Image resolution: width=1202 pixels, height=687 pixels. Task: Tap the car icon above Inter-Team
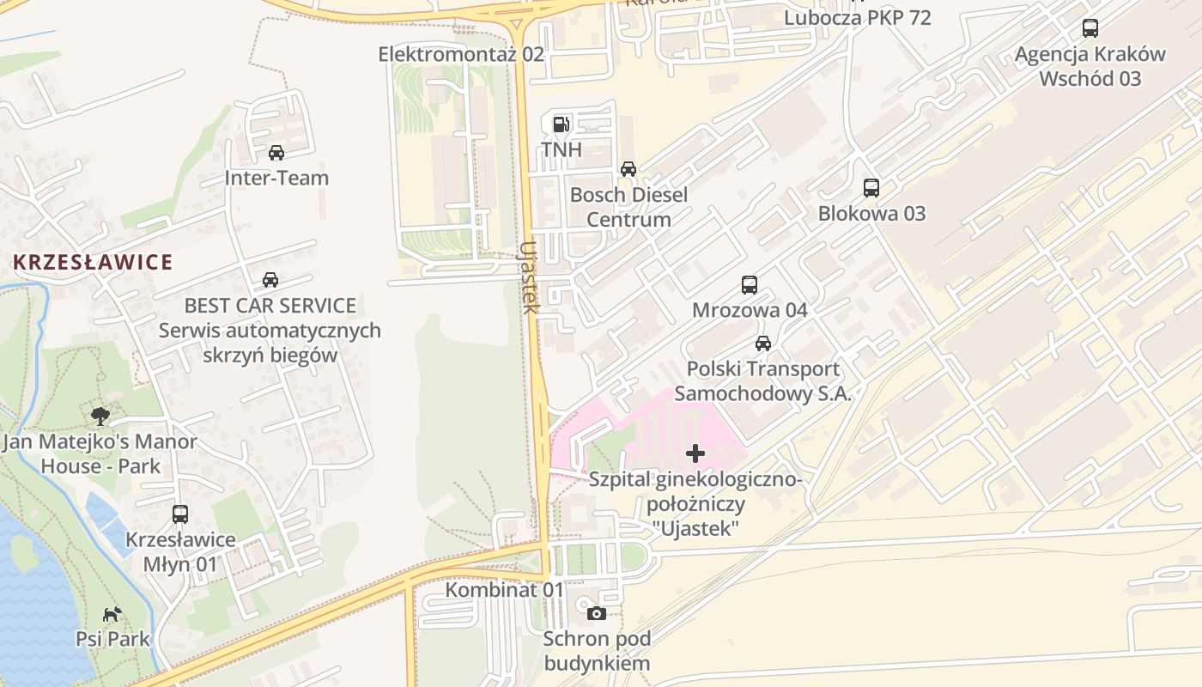coord(276,153)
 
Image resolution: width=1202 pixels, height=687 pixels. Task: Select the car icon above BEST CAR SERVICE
coord(270,280)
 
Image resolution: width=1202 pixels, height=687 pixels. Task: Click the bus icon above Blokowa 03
coord(871,187)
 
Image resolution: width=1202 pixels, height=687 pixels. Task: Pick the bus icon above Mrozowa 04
coord(750,285)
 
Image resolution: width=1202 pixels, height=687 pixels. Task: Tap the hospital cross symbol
coord(695,453)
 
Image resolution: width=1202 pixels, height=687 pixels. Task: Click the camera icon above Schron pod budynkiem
coord(597,613)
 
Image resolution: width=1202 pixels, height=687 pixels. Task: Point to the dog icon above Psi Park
coord(112,613)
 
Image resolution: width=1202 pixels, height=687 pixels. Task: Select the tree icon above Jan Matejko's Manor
coord(100,416)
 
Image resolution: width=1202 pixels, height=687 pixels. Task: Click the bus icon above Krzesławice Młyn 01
coord(180,514)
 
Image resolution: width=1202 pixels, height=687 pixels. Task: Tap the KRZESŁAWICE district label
coord(93,262)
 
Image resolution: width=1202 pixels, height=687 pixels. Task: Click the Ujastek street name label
coord(529,277)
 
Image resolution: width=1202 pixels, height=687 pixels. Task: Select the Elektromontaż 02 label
coord(461,54)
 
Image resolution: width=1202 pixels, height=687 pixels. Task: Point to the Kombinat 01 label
coord(504,590)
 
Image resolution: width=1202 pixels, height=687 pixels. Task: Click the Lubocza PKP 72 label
coord(858,17)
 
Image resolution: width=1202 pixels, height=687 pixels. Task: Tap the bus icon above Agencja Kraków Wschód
coord(1090,28)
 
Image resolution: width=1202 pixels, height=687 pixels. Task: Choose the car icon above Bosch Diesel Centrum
coord(628,169)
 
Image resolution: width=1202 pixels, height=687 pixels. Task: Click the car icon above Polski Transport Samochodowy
coord(762,343)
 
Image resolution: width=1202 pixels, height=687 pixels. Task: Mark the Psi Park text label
coord(112,639)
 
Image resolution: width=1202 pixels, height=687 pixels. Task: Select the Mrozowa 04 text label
coord(750,310)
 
